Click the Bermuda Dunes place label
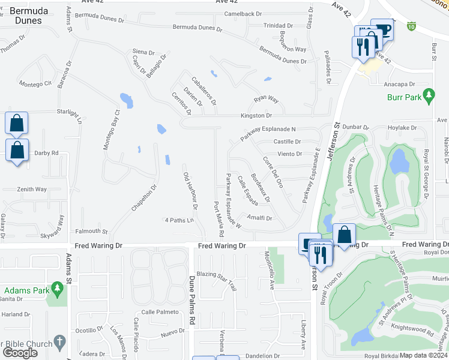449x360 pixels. pos(25,16)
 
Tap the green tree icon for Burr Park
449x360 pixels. pos(429,95)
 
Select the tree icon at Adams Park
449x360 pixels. pos(58,290)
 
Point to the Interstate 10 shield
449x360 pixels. pos(411,26)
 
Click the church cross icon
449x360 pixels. pos(59,342)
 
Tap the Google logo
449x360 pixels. pos(20,353)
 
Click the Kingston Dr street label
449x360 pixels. pos(256,115)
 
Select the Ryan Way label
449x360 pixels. pos(266,99)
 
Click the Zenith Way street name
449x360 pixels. pos(33,190)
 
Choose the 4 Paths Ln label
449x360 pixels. pos(179,220)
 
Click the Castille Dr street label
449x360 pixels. pos(287,142)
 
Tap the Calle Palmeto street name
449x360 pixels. pos(160,312)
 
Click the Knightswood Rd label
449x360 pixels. pos(414,330)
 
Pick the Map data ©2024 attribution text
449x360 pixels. pos(424,355)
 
